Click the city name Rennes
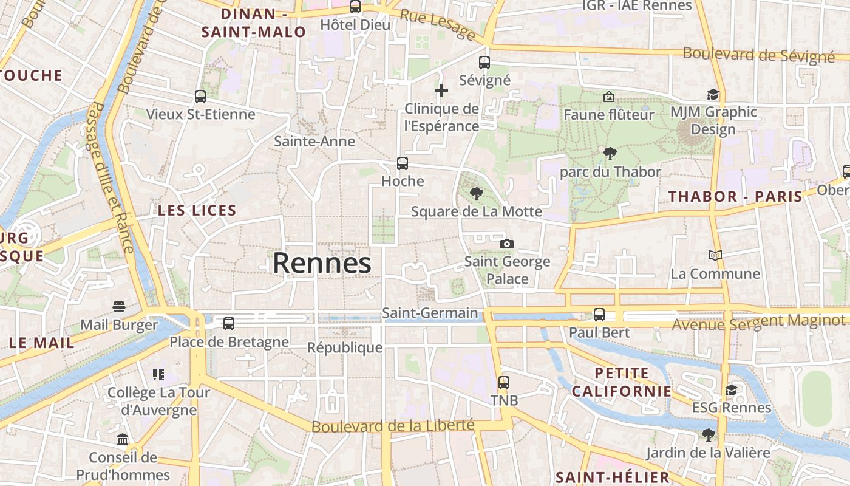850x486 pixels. coord(322,263)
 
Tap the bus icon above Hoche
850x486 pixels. coord(403,163)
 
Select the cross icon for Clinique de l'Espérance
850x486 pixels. coord(441,91)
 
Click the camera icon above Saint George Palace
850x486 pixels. coord(506,244)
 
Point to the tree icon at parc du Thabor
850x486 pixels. coord(610,154)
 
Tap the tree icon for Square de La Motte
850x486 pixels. coord(477,194)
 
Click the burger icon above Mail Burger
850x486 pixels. coord(118,307)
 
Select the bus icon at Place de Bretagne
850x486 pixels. coord(229,324)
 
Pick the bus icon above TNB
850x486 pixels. coord(504,383)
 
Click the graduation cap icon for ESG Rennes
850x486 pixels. coord(732,389)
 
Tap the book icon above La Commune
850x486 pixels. coord(715,256)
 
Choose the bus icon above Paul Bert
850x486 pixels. coord(599,315)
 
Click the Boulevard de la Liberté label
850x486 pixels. coord(392,426)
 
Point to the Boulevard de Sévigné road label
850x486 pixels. coord(758,54)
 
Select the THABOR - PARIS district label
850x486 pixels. coord(735,197)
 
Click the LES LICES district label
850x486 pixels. coord(197,211)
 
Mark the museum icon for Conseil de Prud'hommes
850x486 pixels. coord(123,439)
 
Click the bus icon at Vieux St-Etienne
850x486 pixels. coord(200,97)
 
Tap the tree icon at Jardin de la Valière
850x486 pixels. coord(708,434)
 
